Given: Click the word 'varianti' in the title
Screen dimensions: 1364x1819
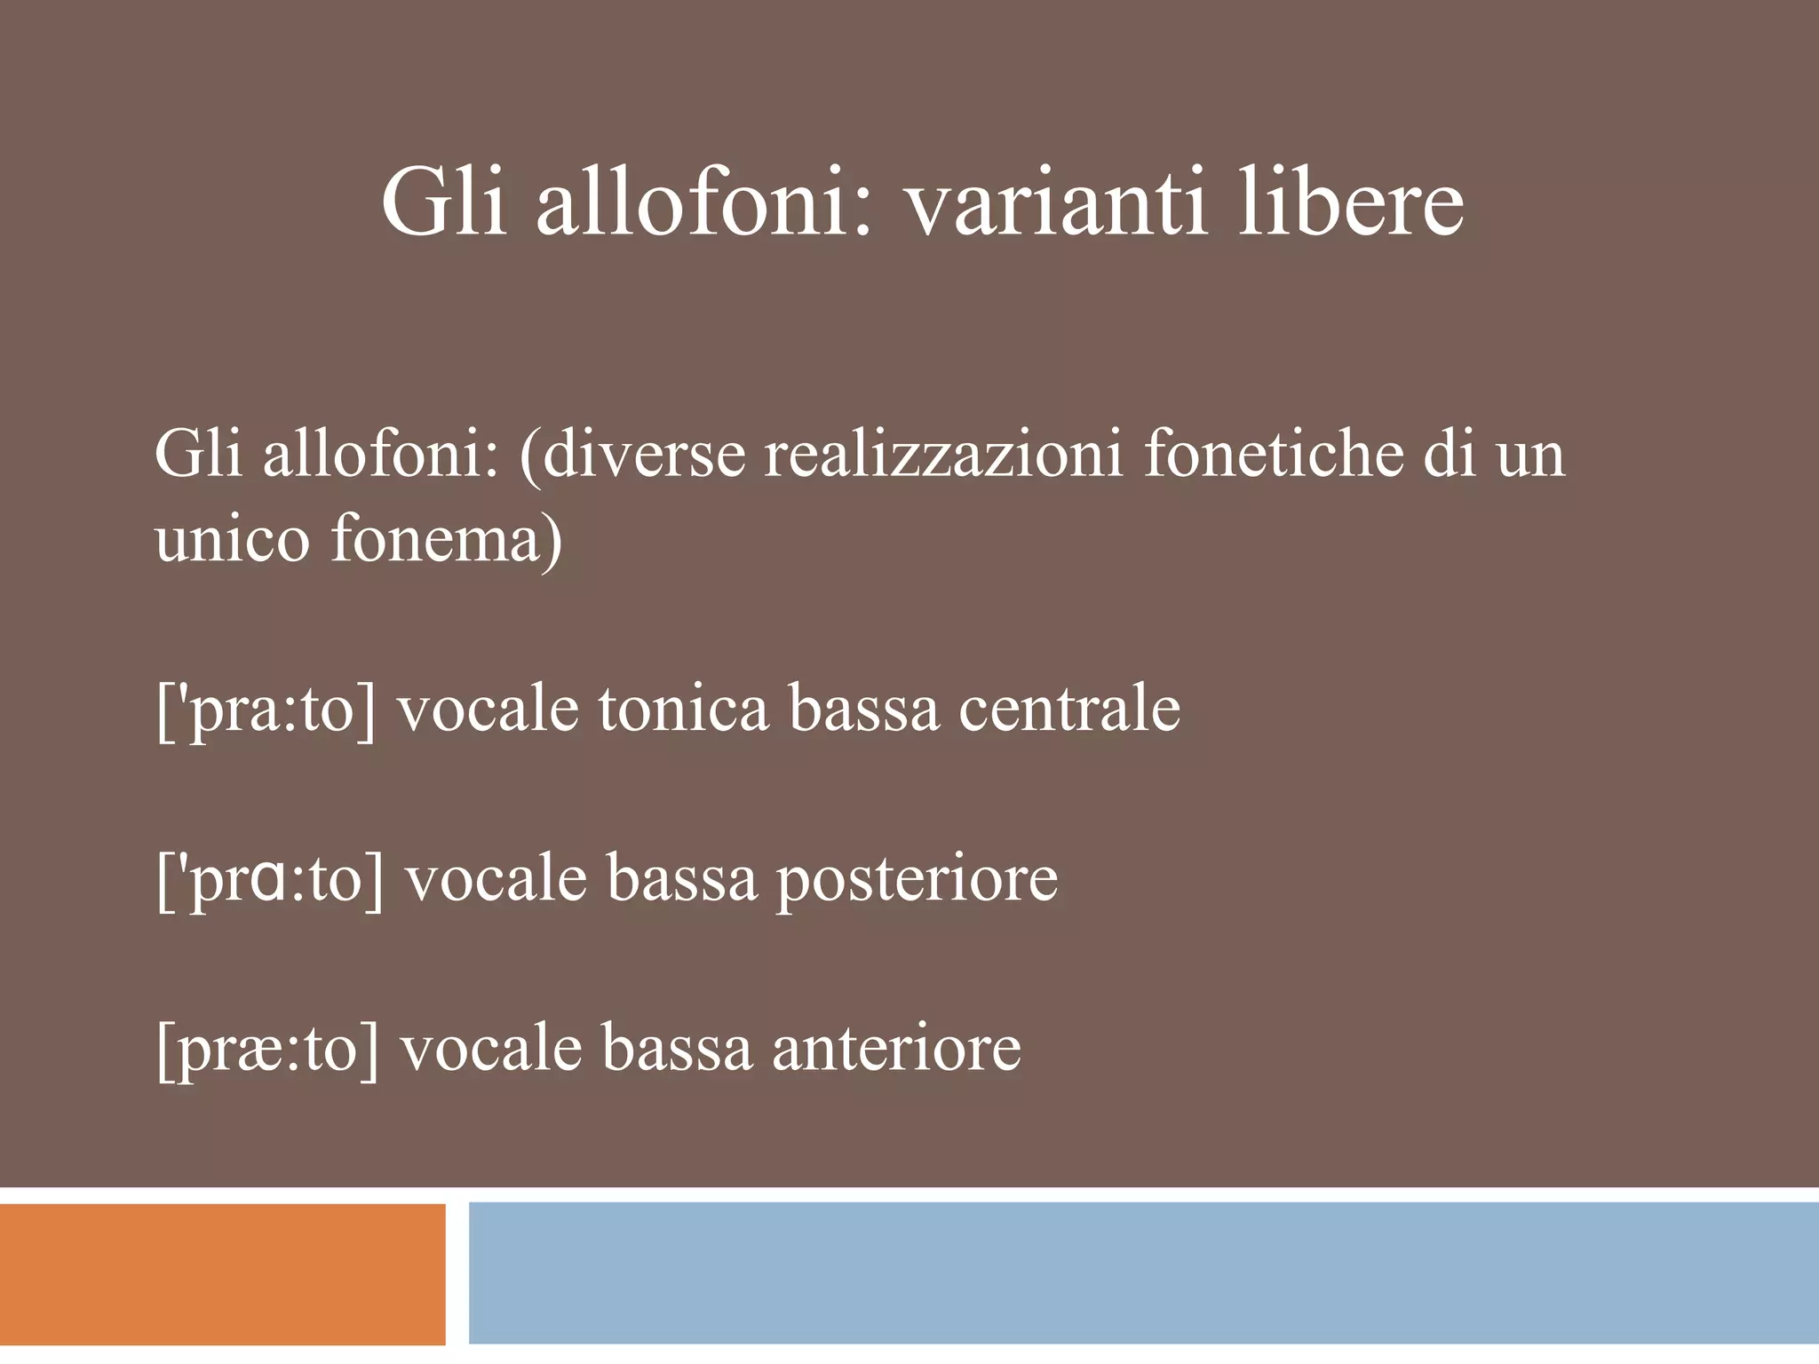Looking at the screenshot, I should point(1056,206).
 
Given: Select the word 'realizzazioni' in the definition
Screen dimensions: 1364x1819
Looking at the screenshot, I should point(944,455).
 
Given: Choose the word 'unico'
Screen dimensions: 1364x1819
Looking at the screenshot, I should point(232,539).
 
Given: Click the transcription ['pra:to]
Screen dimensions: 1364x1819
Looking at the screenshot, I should point(266,710).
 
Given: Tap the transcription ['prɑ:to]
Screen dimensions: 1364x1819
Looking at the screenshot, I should point(270,879).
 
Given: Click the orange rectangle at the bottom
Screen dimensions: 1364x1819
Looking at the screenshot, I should point(222,1273).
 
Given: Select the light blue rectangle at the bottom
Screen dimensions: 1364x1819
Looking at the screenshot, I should point(1143,1273).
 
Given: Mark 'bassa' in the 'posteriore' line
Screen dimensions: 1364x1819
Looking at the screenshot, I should point(682,879).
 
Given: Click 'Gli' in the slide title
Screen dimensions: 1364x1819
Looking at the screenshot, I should point(444,206).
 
